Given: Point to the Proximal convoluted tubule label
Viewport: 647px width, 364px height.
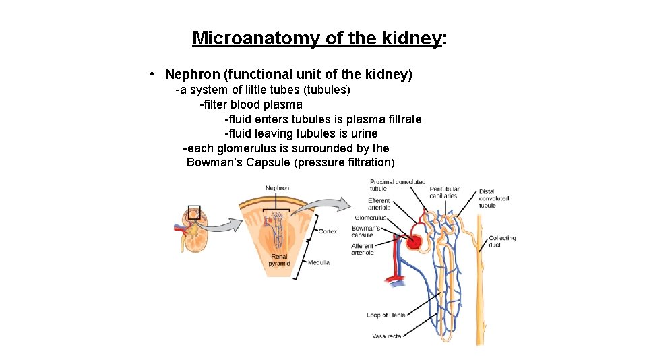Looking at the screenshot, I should pos(398,185).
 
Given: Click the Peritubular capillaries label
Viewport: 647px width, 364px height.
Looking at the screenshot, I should pos(444,192).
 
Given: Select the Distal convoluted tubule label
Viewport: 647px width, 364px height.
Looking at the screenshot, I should pos(494,198).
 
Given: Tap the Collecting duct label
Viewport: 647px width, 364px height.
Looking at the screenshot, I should pos(502,241).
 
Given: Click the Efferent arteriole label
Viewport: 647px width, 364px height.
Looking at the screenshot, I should pos(379,204).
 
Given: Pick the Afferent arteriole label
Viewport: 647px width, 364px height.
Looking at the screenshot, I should pos(362,249).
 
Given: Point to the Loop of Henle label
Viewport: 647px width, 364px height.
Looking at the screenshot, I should pos(387,315).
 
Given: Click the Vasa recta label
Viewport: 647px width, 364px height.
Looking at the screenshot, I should pos(387,336).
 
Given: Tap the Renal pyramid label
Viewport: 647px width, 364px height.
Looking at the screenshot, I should pos(280,260).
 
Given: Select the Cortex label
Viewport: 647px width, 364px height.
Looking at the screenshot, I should pos(328,231).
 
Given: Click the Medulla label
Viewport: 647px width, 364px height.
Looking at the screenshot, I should pos(319,262).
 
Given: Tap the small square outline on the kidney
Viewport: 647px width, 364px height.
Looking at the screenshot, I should pos(194,212).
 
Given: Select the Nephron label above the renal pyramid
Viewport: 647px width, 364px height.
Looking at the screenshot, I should pos(277,188).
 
